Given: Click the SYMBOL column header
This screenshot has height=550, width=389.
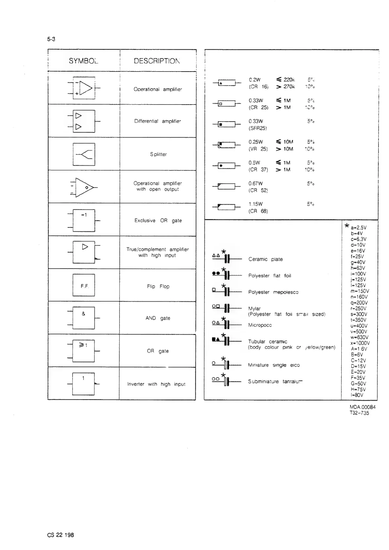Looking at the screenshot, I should pos(83,61).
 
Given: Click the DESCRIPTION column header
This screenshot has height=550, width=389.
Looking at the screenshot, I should pos(157,61).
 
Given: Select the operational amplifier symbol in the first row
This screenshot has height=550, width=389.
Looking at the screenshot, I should pos(84,88).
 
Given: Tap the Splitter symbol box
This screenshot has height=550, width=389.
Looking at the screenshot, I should pos(84,154).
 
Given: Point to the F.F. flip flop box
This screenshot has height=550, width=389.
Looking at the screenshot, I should pos(84,285).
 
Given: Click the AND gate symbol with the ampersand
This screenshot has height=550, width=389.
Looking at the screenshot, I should pos(84,318).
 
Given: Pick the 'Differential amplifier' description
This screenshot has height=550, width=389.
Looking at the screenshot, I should pos(158,121).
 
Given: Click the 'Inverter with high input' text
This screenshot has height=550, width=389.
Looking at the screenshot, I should pos(156,384).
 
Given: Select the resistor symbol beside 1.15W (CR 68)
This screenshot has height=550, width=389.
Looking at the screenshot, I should pos(226,207).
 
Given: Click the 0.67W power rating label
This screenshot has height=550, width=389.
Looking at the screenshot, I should pos(255,184).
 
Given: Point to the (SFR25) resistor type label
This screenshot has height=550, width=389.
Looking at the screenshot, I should pos(258,128).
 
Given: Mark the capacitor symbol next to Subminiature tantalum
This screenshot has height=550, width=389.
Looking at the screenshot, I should pos(227,381).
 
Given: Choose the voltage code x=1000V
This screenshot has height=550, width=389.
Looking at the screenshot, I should pos(360,343).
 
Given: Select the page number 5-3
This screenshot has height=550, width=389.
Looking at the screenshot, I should pos(51,39).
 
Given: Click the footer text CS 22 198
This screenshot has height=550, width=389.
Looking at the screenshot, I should pos(60,535).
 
